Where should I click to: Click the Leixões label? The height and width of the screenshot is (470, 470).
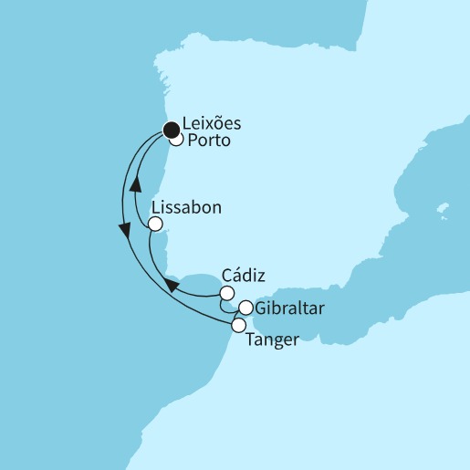(x=215, y=125)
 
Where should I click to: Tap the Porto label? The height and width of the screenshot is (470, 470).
(x=209, y=142)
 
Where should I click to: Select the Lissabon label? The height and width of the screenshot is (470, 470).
(x=193, y=208)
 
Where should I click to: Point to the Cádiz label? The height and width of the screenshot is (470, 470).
(x=241, y=274)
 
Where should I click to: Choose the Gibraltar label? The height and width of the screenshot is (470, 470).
(x=289, y=308)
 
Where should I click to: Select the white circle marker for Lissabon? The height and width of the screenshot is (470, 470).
(x=155, y=224)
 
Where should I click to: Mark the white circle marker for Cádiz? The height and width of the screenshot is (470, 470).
(x=226, y=293)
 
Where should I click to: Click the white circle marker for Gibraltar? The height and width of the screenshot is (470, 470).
(x=245, y=308)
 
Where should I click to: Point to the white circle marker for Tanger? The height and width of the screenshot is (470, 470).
(x=238, y=324)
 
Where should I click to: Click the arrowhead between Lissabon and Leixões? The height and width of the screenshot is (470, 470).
(x=135, y=183)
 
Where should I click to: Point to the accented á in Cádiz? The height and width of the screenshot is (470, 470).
(x=235, y=274)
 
